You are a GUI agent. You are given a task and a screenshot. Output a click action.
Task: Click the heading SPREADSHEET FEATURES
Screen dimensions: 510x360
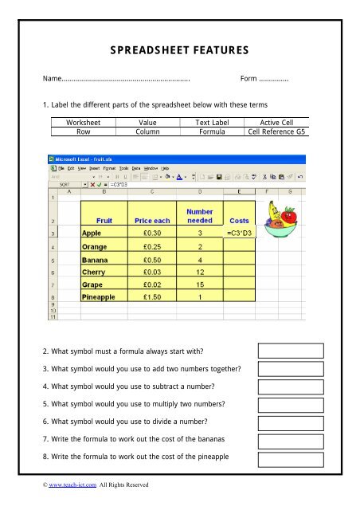(180, 51)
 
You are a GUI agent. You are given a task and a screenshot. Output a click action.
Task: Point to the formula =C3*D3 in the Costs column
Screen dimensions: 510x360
(239, 233)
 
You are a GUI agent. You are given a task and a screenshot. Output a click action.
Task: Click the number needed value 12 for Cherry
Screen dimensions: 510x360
(200, 272)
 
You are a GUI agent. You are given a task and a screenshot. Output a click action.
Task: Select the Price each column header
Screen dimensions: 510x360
(153, 220)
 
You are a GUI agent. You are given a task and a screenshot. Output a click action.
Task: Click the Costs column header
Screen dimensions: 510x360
(239, 220)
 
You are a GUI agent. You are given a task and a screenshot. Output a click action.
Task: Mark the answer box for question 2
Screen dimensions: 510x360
(290, 351)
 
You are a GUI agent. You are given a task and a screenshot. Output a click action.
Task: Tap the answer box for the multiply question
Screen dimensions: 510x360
(290, 404)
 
